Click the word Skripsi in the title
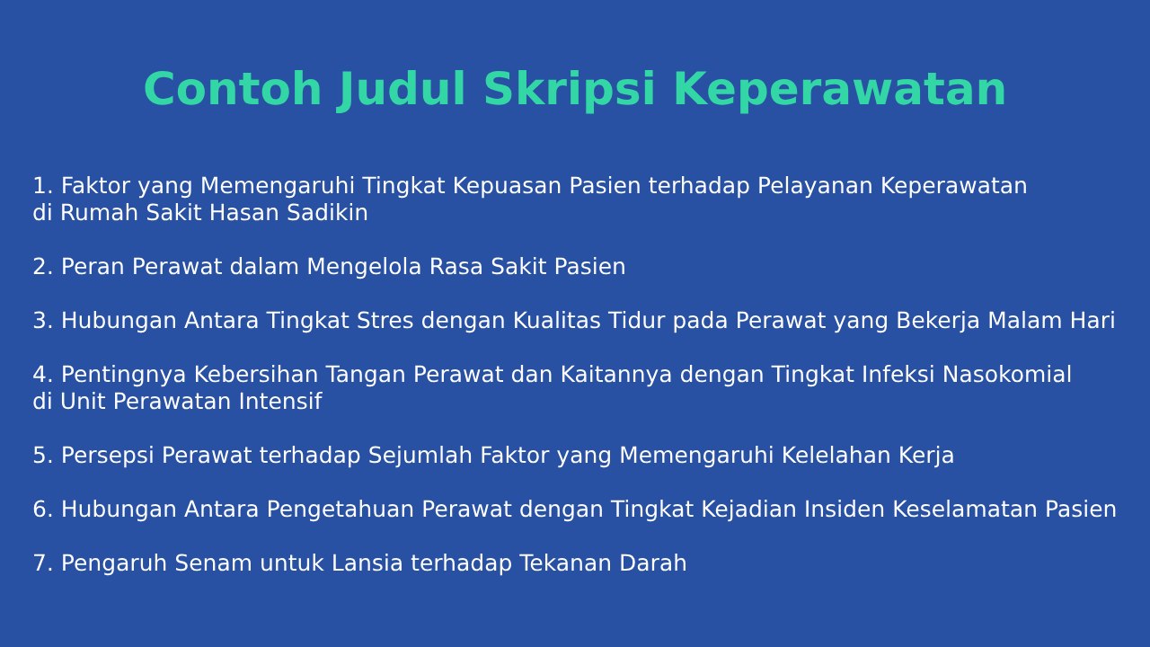pos(570,89)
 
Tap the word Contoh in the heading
pos(233,89)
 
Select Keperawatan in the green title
pos(839,90)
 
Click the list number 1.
pos(43,185)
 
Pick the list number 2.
pos(43,267)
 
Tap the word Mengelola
pos(364,267)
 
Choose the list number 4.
pos(43,375)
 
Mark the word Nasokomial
pos(1007,375)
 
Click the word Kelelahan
pos(836,455)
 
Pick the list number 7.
pos(43,563)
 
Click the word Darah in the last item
pos(653,563)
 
